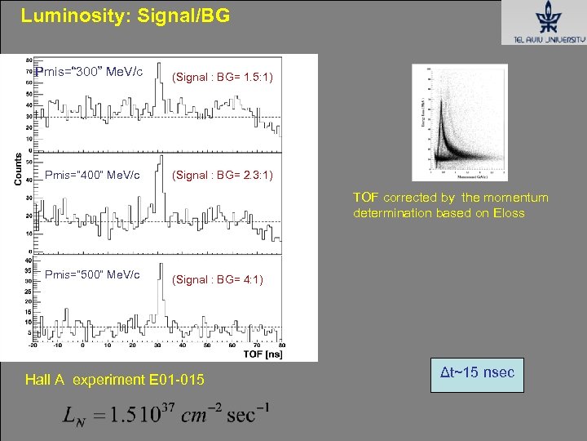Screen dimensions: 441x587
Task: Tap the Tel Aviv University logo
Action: [542, 24]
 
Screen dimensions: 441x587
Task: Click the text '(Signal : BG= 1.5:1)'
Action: [223, 77]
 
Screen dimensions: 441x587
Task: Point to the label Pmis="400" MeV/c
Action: [92, 175]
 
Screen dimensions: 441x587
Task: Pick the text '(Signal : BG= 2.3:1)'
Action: [223, 176]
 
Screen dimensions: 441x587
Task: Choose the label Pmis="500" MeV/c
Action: [92, 274]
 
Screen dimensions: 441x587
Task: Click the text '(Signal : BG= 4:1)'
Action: [217, 279]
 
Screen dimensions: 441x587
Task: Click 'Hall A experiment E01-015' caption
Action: [115, 380]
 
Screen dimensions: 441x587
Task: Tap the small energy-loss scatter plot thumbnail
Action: [460, 122]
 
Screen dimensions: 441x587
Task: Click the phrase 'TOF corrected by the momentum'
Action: [450, 197]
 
